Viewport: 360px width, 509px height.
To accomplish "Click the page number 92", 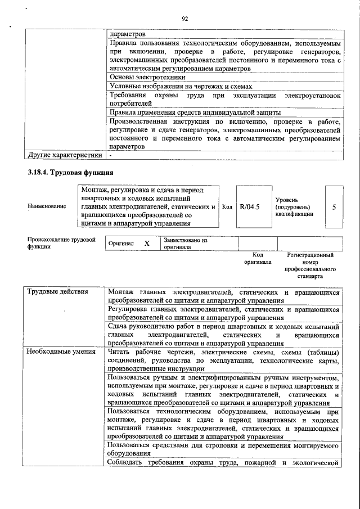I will (184, 19).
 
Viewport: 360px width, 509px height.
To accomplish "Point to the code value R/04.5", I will (249, 206).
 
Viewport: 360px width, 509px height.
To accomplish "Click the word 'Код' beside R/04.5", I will (227, 206).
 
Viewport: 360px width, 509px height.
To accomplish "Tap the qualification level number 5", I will (334, 206).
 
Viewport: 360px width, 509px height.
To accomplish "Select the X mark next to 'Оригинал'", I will (147, 244).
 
